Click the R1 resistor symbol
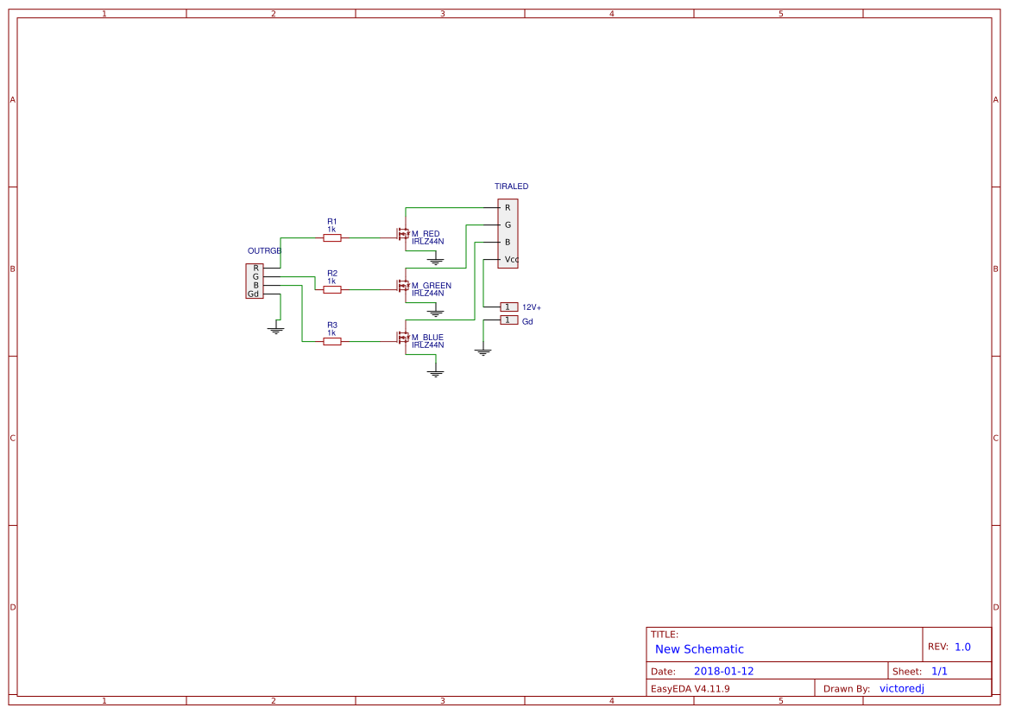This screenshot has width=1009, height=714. click(x=332, y=237)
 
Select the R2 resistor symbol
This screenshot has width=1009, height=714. click(x=332, y=289)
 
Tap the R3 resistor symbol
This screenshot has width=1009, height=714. click(x=332, y=341)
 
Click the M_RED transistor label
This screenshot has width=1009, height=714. click(x=426, y=234)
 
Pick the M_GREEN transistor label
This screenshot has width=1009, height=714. click(x=431, y=286)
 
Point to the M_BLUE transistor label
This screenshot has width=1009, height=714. click(x=427, y=338)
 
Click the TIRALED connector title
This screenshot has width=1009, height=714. click(x=511, y=186)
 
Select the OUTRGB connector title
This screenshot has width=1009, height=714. click(x=264, y=250)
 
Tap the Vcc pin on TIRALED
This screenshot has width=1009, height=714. click(x=511, y=259)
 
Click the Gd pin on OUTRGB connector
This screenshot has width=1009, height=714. click(x=253, y=294)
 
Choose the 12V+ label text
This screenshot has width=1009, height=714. click(x=532, y=307)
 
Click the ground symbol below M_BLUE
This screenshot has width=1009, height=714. click(x=436, y=372)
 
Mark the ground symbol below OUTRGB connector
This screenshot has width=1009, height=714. click(x=275, y=329)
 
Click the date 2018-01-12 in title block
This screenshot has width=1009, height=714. click(x=723, y=671)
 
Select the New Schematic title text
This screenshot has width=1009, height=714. click(x=699, y=649)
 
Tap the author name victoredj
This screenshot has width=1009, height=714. click(x=902, y=688)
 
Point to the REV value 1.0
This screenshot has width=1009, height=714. click(x=962, y=647)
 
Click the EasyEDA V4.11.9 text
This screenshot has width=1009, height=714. click(x=690, y=688)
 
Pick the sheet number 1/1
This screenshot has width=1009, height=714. click(x=939, y=671)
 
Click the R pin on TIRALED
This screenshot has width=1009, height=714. click(x=508, y=207)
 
